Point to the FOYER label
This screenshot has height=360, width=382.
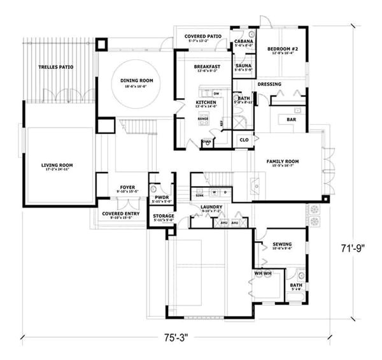pyautogui.click(x=126, y=188)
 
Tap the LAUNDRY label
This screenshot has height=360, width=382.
pyautogui.click(x=210, y=207)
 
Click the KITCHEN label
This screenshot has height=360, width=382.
pyautogui.click(x=205, y=102)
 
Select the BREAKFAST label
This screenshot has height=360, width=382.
pyautogui.click(x=207, y=67)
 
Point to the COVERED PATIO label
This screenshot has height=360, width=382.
pyautogui.click(x=202, y=36)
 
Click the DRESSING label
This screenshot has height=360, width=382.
pyautogui.click(x=269, y=84)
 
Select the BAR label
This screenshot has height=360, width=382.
pyautogui.click(x=292, y=119)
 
